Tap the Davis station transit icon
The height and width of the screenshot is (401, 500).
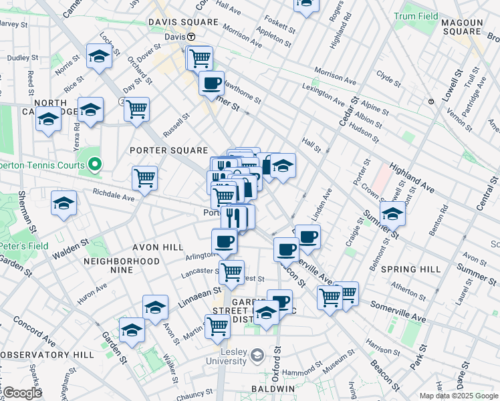[191, 37]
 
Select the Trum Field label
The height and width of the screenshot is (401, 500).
[416, 16]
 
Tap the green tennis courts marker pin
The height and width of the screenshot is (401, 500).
[95, 164]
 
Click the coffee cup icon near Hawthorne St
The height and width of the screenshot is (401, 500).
[212, 84]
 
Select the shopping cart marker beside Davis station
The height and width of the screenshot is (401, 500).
[199, 58]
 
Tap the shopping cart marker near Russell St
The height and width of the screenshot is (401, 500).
[136, 109]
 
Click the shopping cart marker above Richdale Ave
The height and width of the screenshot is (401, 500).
[144, 178]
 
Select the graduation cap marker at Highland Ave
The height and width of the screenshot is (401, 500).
[392, 214]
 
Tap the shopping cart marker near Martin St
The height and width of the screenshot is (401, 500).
[217, 326]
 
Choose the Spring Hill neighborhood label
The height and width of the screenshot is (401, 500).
[410, 269]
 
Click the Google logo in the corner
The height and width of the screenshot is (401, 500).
[22, 392]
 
